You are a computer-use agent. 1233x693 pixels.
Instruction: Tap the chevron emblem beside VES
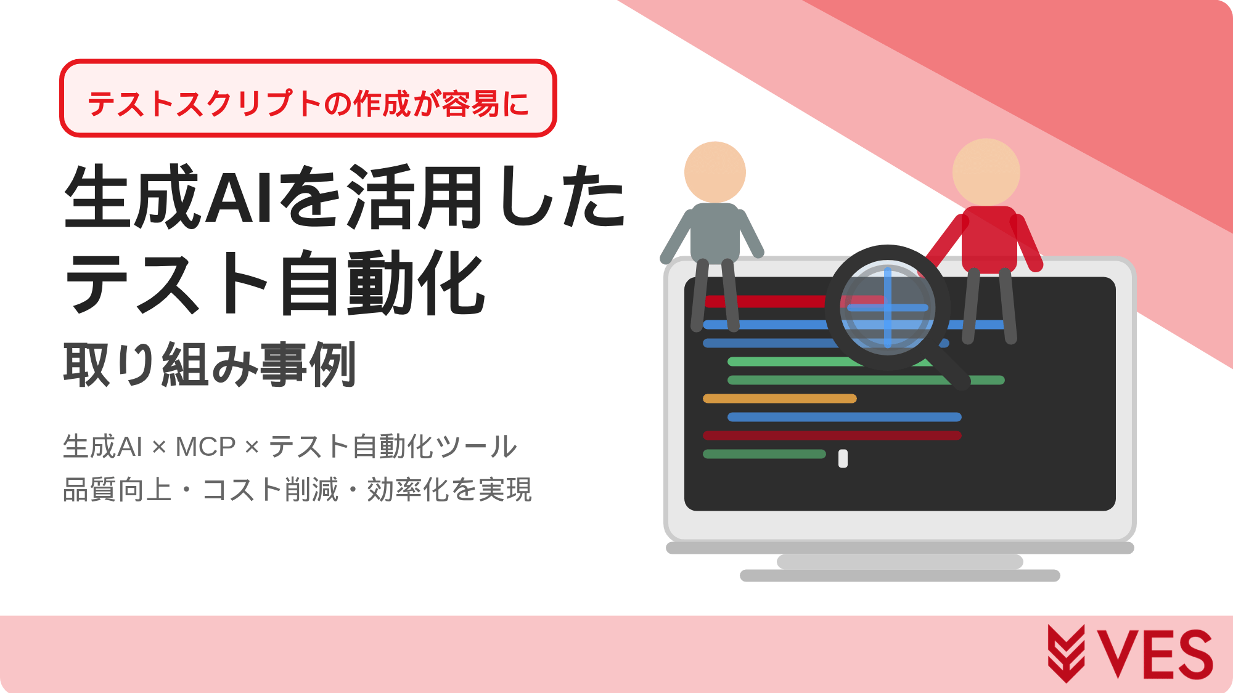pyautogui.click(x=1066, y=654)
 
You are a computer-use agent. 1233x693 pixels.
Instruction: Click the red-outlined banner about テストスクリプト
pyautogui.click(x=308, y=99)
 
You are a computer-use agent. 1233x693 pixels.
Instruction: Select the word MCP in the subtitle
pyautogui.click(x=205, y=447)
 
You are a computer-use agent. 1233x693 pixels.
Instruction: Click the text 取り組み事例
pyautogui.click(x=210, y=365)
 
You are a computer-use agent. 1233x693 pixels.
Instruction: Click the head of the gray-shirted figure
pyautogui.click(x=715, y=172)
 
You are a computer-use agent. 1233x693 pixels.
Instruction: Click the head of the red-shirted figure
pyautogui.click(x=986, y=172)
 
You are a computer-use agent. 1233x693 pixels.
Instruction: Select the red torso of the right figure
pyautogui.click(x=989, y=239)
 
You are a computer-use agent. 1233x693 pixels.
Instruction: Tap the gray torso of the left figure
pyautogui.click(x=715, y=233)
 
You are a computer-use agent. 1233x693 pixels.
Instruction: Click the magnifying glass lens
pyautogui.click(x=888, y=307)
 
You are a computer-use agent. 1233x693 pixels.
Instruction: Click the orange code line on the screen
pyautogui.click(x=780, y=399)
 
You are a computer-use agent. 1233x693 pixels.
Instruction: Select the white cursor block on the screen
pyautogui.click(x=843, y=458)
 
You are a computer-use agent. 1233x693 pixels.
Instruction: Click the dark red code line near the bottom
pyautogui.click(x=832, y=436)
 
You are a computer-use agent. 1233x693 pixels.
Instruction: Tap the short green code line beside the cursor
pyautogui.click(x=764, y=454)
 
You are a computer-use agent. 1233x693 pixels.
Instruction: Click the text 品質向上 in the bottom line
pyautogui.click(x=117, y=490)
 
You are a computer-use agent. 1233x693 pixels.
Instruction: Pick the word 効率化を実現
pyautogui.click(x=449, y=490)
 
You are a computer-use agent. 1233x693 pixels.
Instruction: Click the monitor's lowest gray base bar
pyautogui.click(x=900, y=575)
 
